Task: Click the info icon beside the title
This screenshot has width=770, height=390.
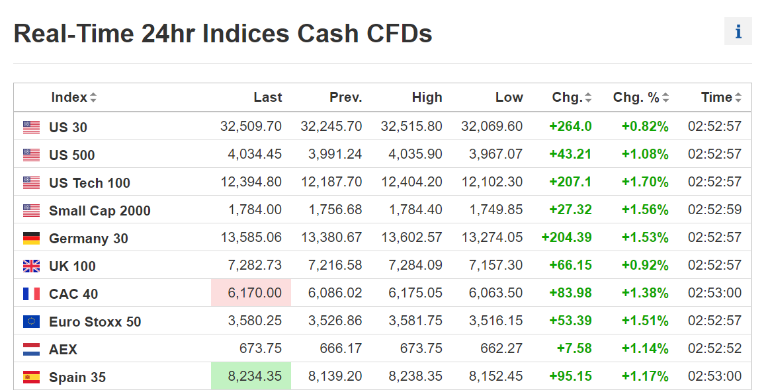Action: pos(738,32)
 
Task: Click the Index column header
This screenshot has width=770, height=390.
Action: pos(69,97)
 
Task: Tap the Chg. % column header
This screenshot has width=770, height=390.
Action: pos(636,97)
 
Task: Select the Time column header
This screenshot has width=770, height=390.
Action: pos(716,97)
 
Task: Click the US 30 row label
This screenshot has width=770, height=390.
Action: pos(68,128)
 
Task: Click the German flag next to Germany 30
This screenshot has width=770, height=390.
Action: pos(31,238)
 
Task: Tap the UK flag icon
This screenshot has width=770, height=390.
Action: pos(31,266)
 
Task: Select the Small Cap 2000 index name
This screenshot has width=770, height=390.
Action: pos(100,211)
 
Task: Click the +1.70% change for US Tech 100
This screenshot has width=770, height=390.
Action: pos(644,182)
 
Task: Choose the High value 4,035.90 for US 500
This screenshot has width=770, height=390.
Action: pos(415,154)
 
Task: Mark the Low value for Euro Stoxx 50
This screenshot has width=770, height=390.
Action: pos(496,321)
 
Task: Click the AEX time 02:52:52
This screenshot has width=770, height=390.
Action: pos(714,348)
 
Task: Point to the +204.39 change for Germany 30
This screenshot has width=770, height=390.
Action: pos(566,237)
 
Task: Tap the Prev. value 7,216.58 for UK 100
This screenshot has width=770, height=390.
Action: pos(335,265)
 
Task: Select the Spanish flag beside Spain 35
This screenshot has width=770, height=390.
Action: pos(31,377)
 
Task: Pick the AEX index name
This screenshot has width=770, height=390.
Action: pos(63,349)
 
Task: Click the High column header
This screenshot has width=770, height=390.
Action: pos(427,97)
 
